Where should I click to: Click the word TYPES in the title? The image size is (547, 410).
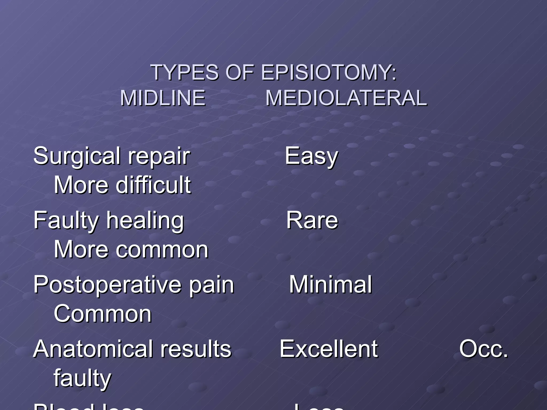coord(185,72)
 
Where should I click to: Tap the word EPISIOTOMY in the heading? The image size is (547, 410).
coord(329,72)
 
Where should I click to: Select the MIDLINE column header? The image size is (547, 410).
coord(163,98)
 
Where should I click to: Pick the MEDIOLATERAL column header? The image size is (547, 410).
coord(346,98)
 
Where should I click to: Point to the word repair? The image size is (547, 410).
coord(159,157)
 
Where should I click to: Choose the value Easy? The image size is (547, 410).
coord(311,157)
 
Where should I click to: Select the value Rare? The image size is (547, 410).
coord(312,220)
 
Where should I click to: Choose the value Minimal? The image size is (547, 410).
coord(330,285)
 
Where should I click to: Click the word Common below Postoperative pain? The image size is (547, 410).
coord(103,314)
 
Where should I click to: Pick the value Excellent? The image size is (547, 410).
coord(329,349)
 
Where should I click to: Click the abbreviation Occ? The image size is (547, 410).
coord(483,349)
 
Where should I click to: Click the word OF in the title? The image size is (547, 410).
coord(239,72)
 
